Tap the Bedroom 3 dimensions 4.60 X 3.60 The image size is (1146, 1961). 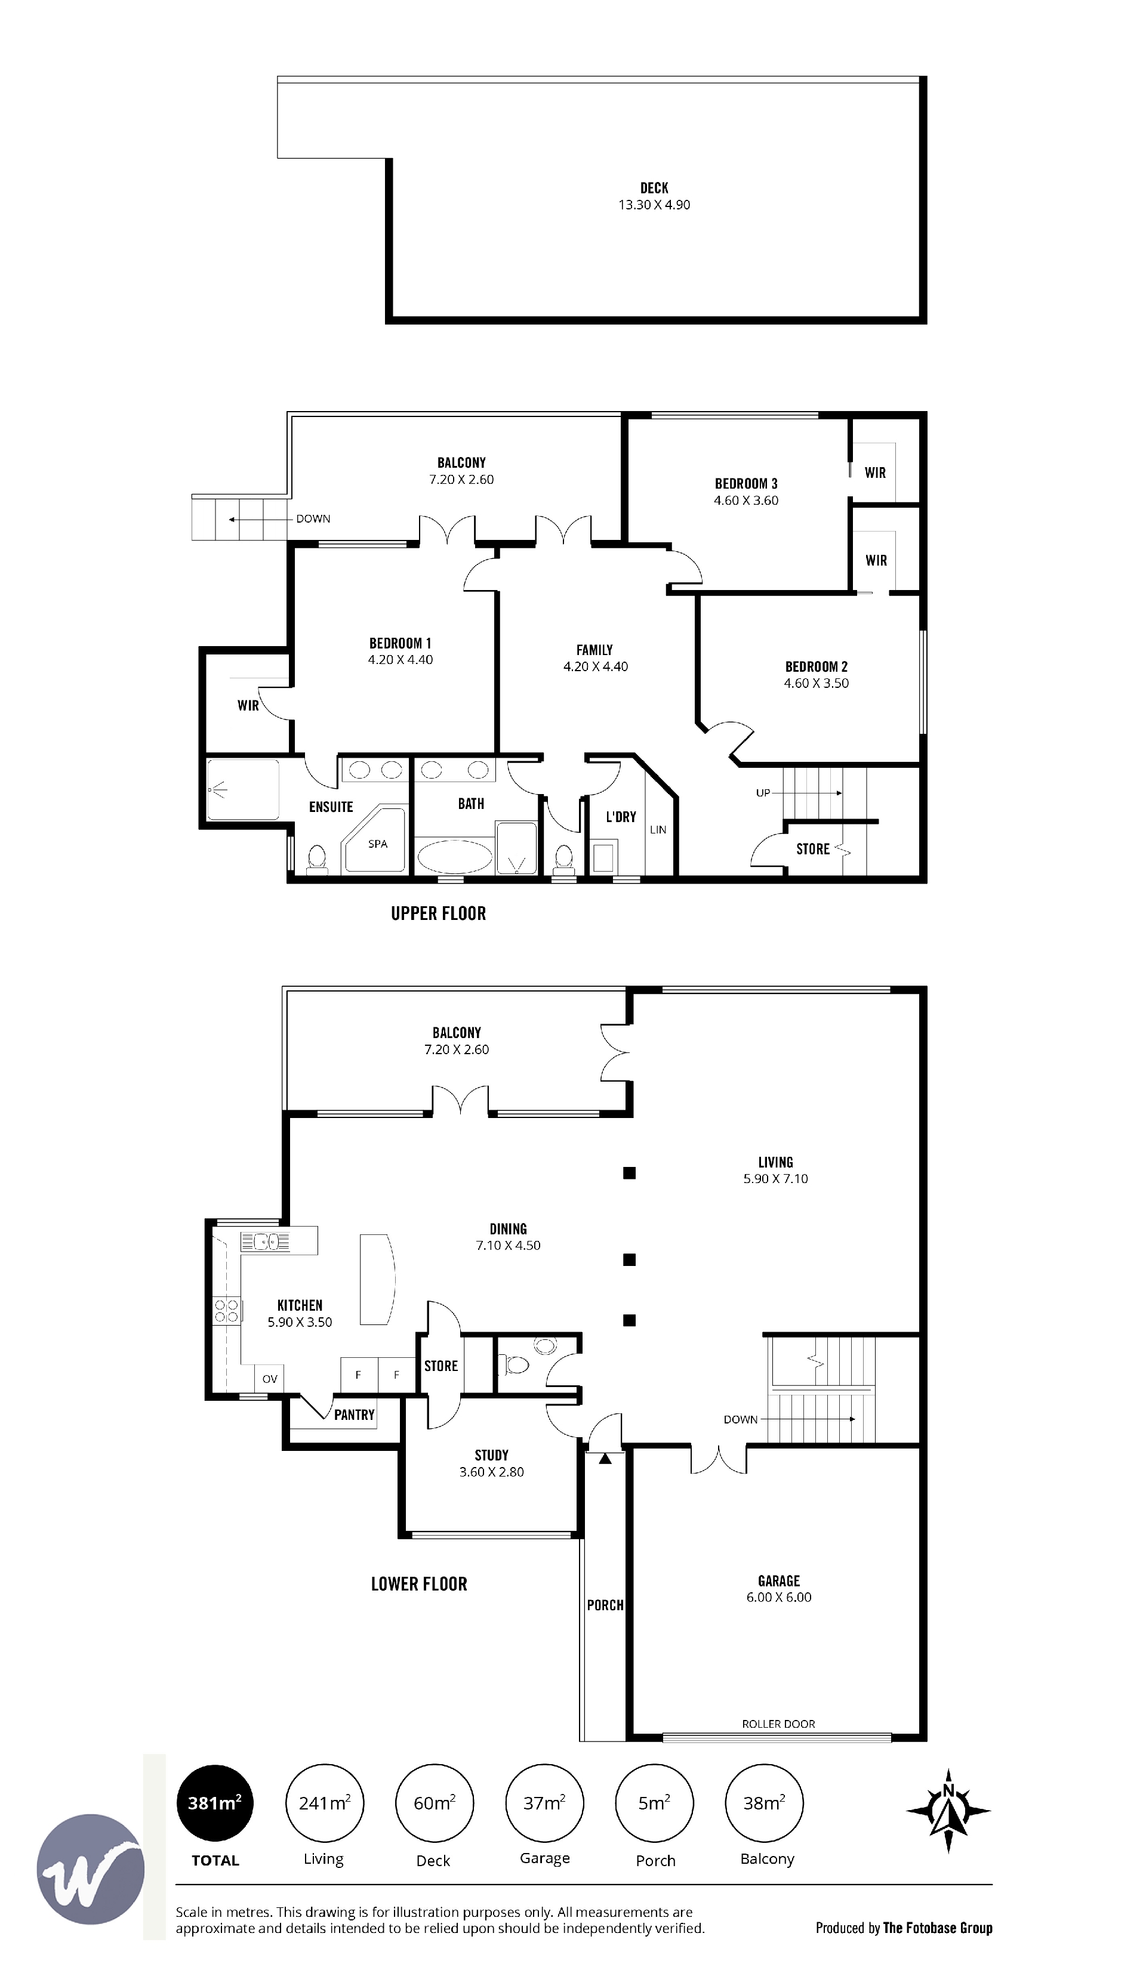click(x=746, y=501)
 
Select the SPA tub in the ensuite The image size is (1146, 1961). click(x=375, y=839)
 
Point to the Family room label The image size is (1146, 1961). click(x=595, y=650)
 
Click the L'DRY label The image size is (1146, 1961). click(x=621, y=817)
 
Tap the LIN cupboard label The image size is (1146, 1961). click(x=658, y=829)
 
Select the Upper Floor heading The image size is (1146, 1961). click(x=438, y=913)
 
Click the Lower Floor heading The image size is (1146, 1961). click(x=419, y=1585)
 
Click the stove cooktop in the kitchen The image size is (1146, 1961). click(x=227, y=1311)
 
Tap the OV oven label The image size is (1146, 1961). click(x=269, y=1379)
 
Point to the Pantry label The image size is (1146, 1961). click(x=354, y=1415)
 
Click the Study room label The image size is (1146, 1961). click(x=491, y=1455)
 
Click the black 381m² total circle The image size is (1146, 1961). click(x=215, y=1802)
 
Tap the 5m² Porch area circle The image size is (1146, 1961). click(x=654, y=1802)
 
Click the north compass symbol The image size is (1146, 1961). click(x=948, y=1811)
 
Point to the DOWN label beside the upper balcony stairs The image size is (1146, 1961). click(x=313, y=519)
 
